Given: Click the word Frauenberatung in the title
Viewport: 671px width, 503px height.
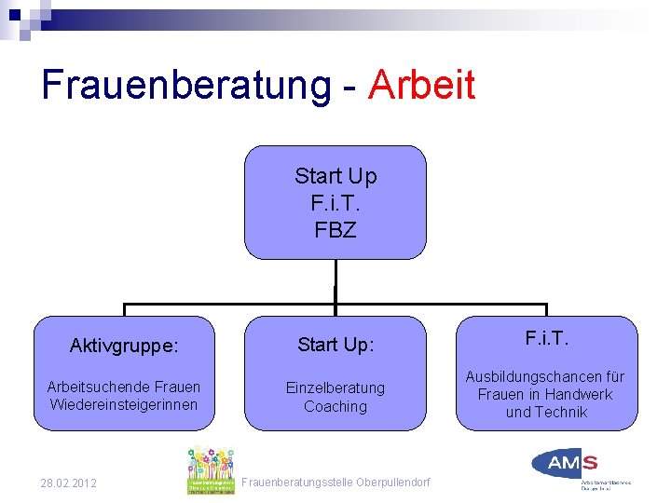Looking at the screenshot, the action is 185,85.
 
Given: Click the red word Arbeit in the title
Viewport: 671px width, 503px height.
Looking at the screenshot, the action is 422,85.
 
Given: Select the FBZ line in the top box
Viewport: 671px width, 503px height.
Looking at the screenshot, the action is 335,229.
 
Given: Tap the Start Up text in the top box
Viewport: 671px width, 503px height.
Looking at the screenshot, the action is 335,176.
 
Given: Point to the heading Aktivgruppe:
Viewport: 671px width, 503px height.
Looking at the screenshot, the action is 124,346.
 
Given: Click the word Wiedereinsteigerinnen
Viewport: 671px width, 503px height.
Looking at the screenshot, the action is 124,404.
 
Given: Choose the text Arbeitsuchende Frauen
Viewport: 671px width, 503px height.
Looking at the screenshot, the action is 124,387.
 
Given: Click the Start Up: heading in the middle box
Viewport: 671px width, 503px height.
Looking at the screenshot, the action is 335,345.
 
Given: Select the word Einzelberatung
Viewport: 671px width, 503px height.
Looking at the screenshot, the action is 335,387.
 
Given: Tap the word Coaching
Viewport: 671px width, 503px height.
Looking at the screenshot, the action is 335,406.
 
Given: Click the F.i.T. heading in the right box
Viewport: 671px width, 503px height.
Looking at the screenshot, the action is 547,337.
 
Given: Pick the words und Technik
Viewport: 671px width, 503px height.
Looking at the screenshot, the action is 547,412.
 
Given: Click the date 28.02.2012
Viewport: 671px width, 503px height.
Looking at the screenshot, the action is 68,483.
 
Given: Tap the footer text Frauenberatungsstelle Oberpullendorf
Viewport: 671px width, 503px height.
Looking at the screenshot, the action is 335,483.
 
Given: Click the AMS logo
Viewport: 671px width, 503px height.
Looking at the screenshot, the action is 567,463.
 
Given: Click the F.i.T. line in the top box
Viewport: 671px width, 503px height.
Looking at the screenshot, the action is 335,202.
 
